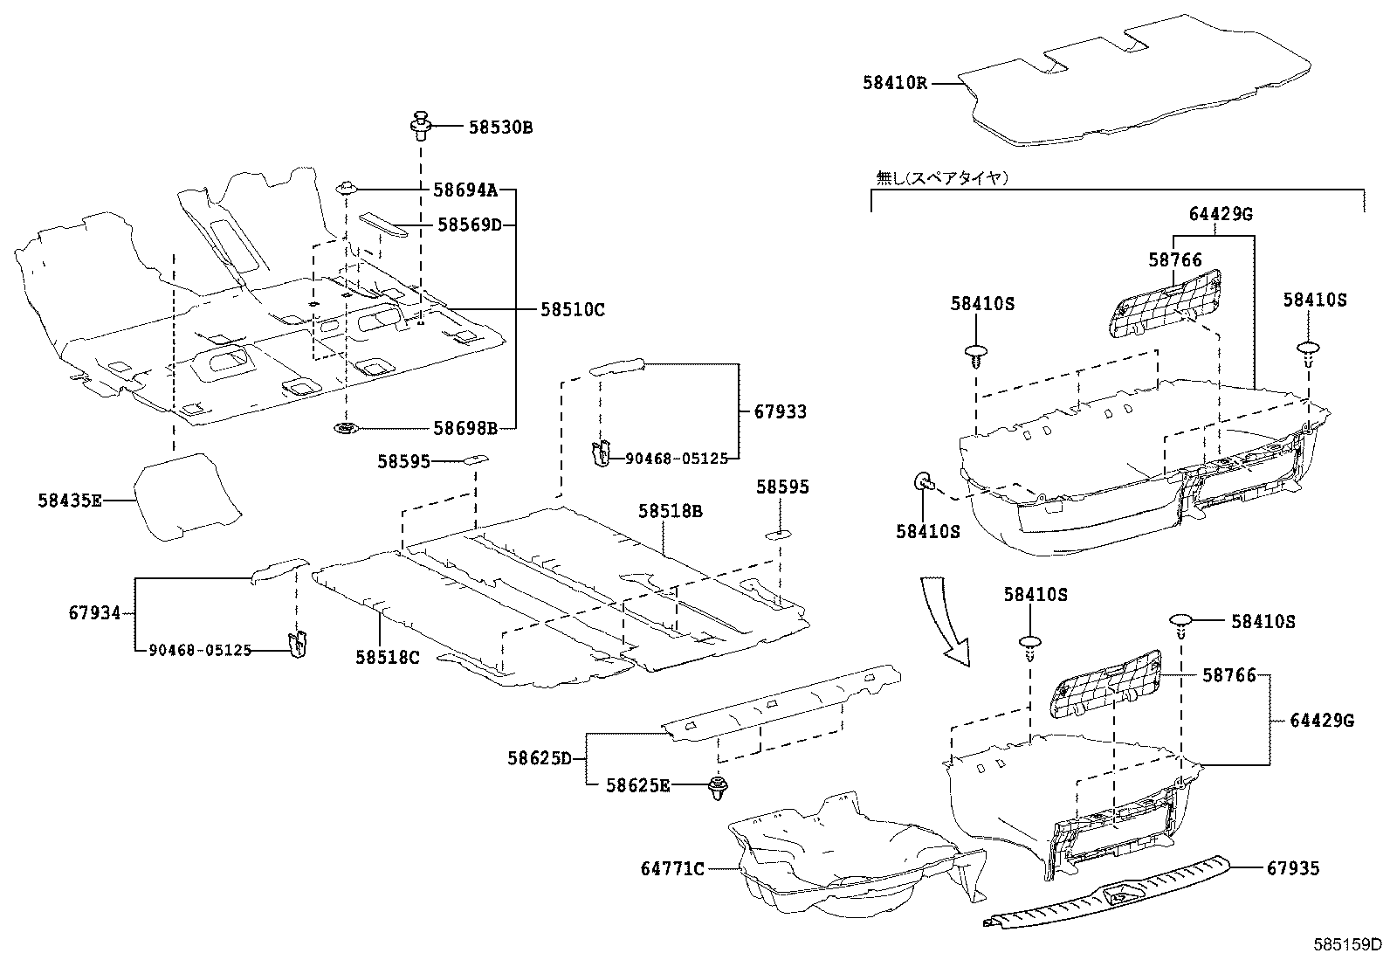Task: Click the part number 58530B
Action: click(x=499, y=128)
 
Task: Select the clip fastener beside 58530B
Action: click(x=422, y=126)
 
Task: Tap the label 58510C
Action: click(x=572, y=309)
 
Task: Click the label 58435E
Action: click(x=70, y=501)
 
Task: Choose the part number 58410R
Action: click(x=895, y=83)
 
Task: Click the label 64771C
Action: click(x=672, y=868)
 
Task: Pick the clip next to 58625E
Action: click(x=719, y=787)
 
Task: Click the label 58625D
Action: click(x=540, y=758)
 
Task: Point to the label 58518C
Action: click(x=387, y=657)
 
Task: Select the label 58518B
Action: click(x=670, y=511)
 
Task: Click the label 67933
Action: click(x=781, y=411)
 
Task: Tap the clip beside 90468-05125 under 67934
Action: click(x=298, y=643)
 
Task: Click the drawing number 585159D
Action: click(x=1349, y=944)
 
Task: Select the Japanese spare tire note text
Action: click(x=942, y=178)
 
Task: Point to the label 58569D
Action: click(x=470, y=225)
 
